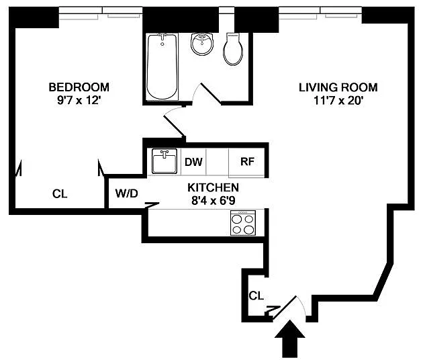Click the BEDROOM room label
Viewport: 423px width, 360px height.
pyautogui.click(x=79, y=87)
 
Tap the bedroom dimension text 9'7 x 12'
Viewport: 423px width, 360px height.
pyautogui.click(x=79, y=100)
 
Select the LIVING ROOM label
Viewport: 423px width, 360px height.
pyautogui.click(x=338, y=87)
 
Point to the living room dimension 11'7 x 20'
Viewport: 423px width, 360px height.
pyautogui.click(x=338, y=100)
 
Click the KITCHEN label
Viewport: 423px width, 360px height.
pyautogui.click(x=213, y=187)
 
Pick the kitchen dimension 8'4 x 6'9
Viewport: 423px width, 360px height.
pyautogui.click(x=213, y=201)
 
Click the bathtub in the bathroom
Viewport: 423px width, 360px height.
pyautogui.click(x=162, y=66)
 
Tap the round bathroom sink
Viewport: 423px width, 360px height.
pyautogui.click(x=202, y=44)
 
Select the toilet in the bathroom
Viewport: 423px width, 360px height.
pyautogui.click(x=233, y=49)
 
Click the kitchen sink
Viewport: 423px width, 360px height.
pyautogui.click(x=164, y=161)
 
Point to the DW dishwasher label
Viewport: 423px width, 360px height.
pyautogui.click(x=193, y=162)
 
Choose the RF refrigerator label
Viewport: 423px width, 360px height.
pyautogui.click(x=247, y=161)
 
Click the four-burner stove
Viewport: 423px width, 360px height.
pyautogui.click(x=243, y=223)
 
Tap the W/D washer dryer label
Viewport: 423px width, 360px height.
pyautogui.click(x=126, y=193)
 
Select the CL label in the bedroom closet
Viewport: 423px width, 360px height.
pyautogui.click(x=60, y=193)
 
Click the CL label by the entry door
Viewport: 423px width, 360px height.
pyautogui.click(x=256, y=296)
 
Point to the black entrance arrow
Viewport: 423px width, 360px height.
pyautogui.click(x=290, y=339)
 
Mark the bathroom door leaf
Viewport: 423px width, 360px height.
pyautogui.click(x=211, y=93)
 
